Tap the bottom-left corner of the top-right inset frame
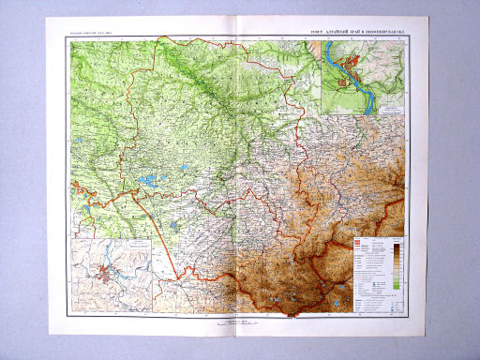tap(320, 115)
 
